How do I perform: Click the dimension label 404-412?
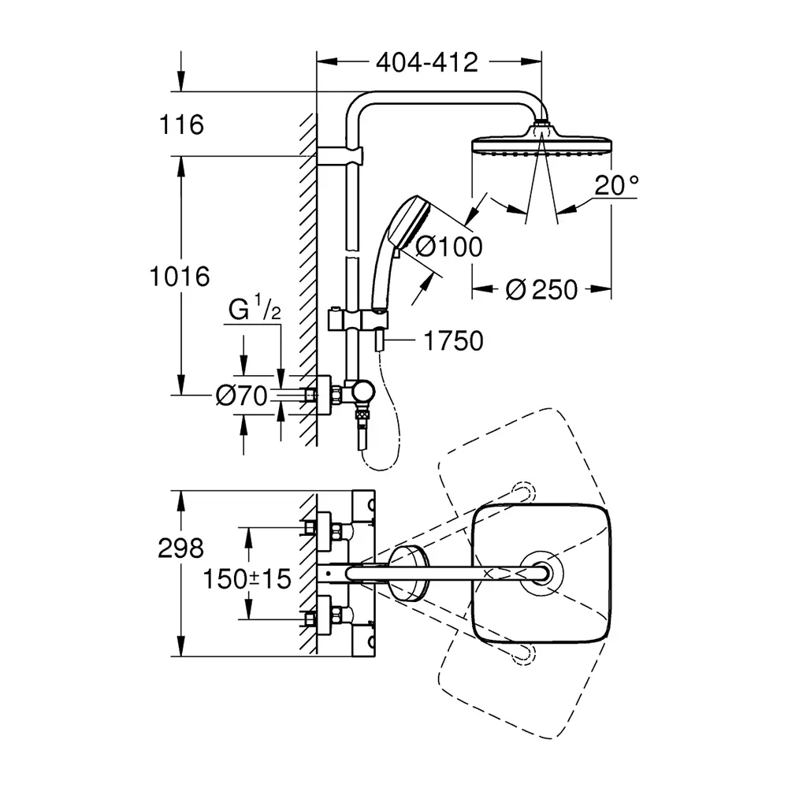(428, 63)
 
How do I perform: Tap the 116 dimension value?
(181, 125)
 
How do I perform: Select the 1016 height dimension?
(182, 277)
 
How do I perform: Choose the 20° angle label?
(616, 186)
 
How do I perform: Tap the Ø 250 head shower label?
(541, 289)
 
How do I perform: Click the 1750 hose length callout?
(452, 341)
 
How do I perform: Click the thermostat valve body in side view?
(362, 391)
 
